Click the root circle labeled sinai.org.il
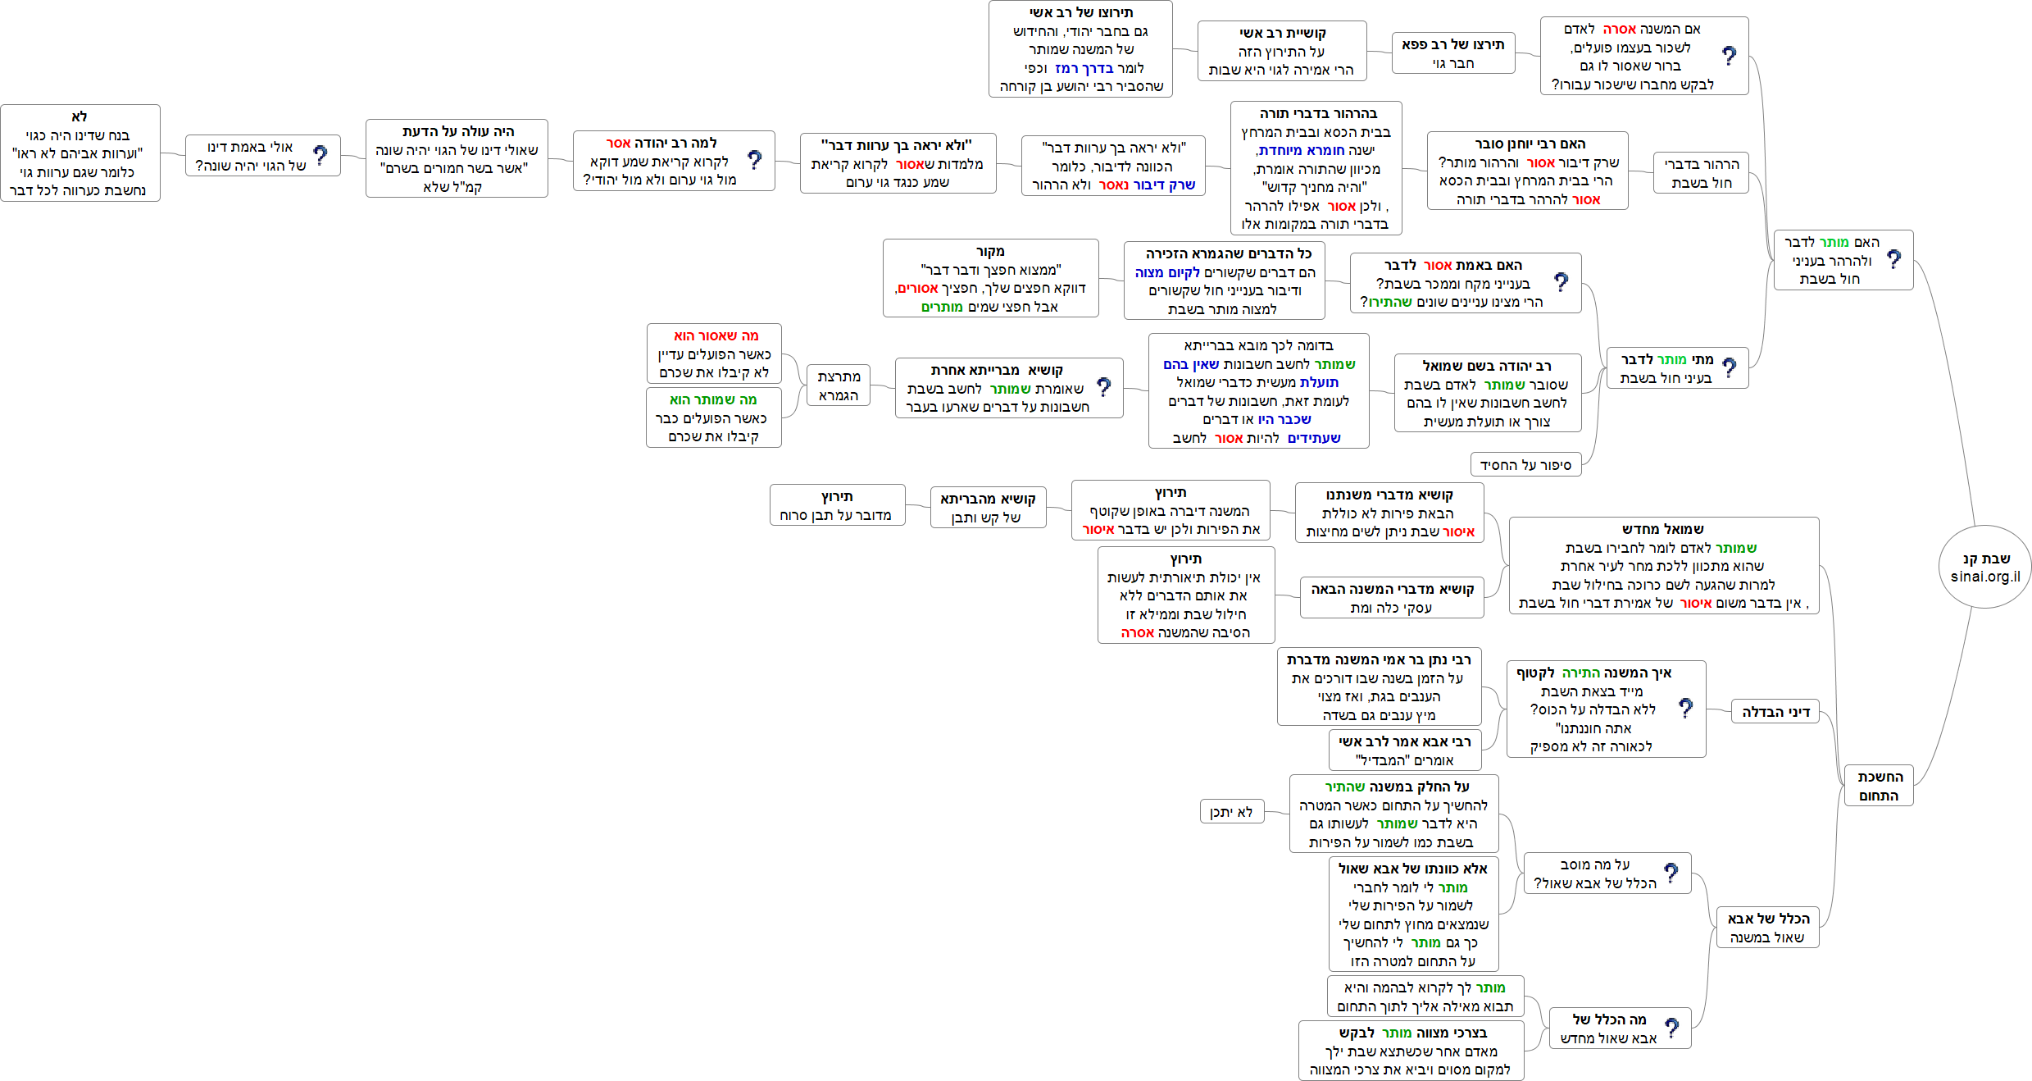pyautogui.click(x=1984, y=567)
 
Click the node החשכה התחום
pyautogui.click(x=1878, y=786)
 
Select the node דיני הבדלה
pyautogui.click(x=1775, y=712)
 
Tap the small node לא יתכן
pyautogui.click(x=1231, y=812)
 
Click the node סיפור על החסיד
pyautogui.click(x=1525, y=465)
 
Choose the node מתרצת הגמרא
pyautogui.click(x=838, y=385)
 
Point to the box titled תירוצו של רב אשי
pyautogui.click(x=1080, y=49)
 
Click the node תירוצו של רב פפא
pyautogui.click(x=1452, y=53)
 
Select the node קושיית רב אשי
pyautogui.click(x=1281, y=51)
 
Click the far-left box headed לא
pyautogui.click(x=80, y=153)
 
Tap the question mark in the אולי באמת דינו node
pyautogui.click(x=320, y=155)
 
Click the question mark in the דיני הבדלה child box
pyautogui.click(x=1685, y=708)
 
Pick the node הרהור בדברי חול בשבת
pyautogui.click(x=1701, y=173)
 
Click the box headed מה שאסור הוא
pyautogui.click(x=713, y=353)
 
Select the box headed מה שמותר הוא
pyautogui.click(x=713, y=417)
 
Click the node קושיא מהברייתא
pyautogui.click(x=988, y=508)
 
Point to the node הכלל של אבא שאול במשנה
pyautogui.click(x=1767, y=928)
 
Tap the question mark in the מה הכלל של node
pyautogui.click(x=1672, y=1028)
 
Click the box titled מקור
pyautogui.click(x=990, y=278)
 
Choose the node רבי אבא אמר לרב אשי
pyautogui.click(x=1404, y=750)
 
